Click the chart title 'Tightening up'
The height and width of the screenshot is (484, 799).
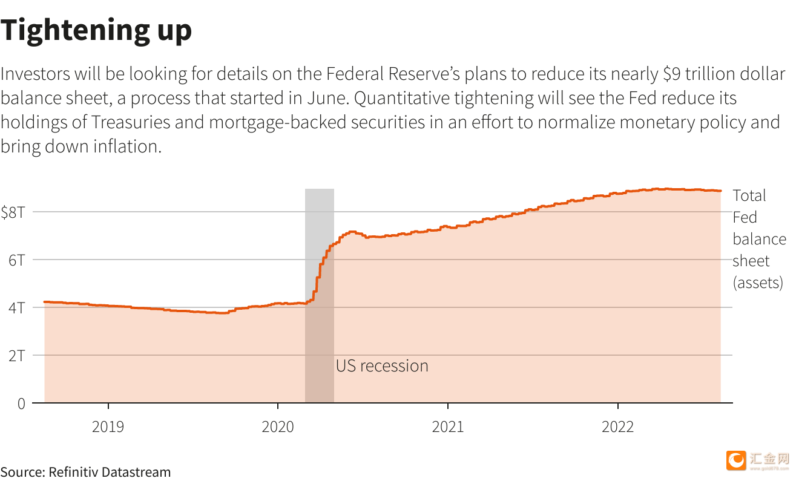pos(96,30)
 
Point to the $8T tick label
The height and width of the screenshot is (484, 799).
pos(13,212)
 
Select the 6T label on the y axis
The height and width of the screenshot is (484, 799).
pos(17,260)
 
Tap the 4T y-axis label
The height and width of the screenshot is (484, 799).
pos(17,308)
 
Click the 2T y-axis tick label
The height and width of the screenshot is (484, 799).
pos(17,356)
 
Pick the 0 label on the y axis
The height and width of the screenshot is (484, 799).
pos(21,404)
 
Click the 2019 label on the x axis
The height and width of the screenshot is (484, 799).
pos(108,427)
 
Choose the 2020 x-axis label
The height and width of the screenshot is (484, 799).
pos(278,427)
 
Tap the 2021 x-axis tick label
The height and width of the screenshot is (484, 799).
pos(448,427)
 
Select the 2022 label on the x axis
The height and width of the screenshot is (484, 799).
pos(617,427)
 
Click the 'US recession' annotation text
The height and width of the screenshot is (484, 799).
pos(382,366)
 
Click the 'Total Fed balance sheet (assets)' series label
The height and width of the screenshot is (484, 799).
pos(759,239)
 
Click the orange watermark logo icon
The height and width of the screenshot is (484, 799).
pos(737,460)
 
